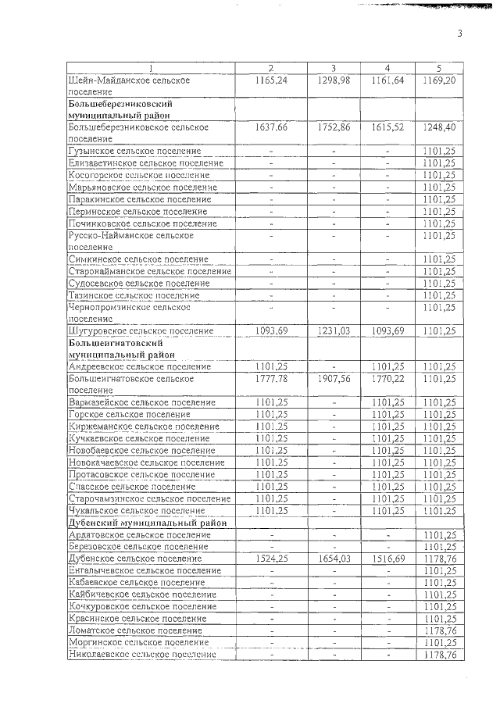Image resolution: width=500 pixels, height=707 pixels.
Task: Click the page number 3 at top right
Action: [459, 34]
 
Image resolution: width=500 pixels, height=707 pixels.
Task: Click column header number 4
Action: [387, 69]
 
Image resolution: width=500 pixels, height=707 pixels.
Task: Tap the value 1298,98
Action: [334, 80]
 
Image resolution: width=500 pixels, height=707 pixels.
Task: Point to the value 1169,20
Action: [438, 80]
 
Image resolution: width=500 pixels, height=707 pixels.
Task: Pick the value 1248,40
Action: [438, 127]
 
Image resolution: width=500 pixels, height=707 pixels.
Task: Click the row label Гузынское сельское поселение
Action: [134, 151]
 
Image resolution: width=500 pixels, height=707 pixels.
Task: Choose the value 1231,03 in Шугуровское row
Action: [334, 330]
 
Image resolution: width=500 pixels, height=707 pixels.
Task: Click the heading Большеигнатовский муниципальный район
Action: [116, 348]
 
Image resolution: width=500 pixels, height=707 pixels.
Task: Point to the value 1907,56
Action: [334, 378]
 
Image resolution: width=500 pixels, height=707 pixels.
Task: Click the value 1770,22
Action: [387, 378]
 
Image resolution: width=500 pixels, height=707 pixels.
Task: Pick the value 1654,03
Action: [334, 559]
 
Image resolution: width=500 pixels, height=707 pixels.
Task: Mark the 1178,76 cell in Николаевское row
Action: [438, 655]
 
